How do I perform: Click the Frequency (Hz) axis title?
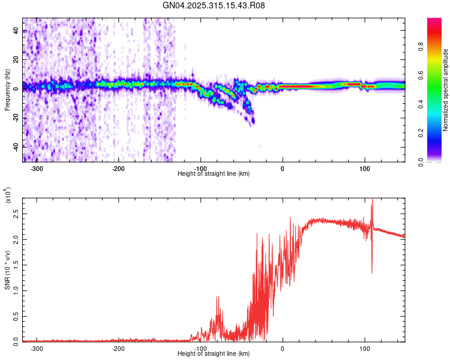pyautogui.click(x=7, y=90)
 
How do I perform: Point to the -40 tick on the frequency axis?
pyautogui.click(x=16, y=146)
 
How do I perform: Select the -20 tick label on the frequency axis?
pyautogui.click(x=16, y=117)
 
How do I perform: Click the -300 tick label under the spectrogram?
pyautogui.click(x=37, y=169)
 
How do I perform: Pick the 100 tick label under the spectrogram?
pyautogui.click(x=364, y=169)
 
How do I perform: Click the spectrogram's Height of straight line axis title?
pyautogui.click(x=214, y=174)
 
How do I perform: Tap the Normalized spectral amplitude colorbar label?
pyautogui.click(x=446, y=90)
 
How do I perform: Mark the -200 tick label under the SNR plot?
pyautogui.click(x=118, y=348)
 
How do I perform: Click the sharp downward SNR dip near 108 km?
pyautogui.click(x=371, y=271)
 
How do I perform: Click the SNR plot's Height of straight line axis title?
pyautogui.click(x=214, y=354)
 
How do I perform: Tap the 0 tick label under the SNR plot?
pyautogui.click(x=283, y=348)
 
